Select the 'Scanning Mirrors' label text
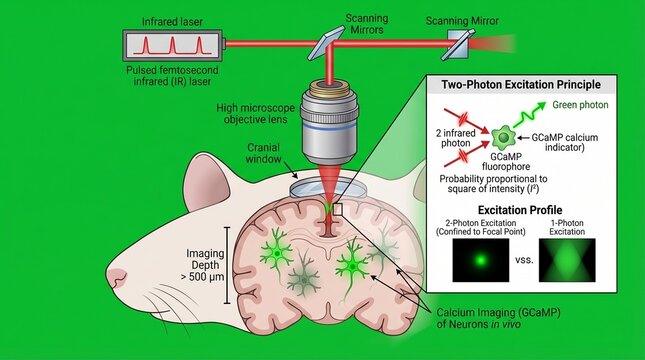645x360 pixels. click(367, 22)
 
